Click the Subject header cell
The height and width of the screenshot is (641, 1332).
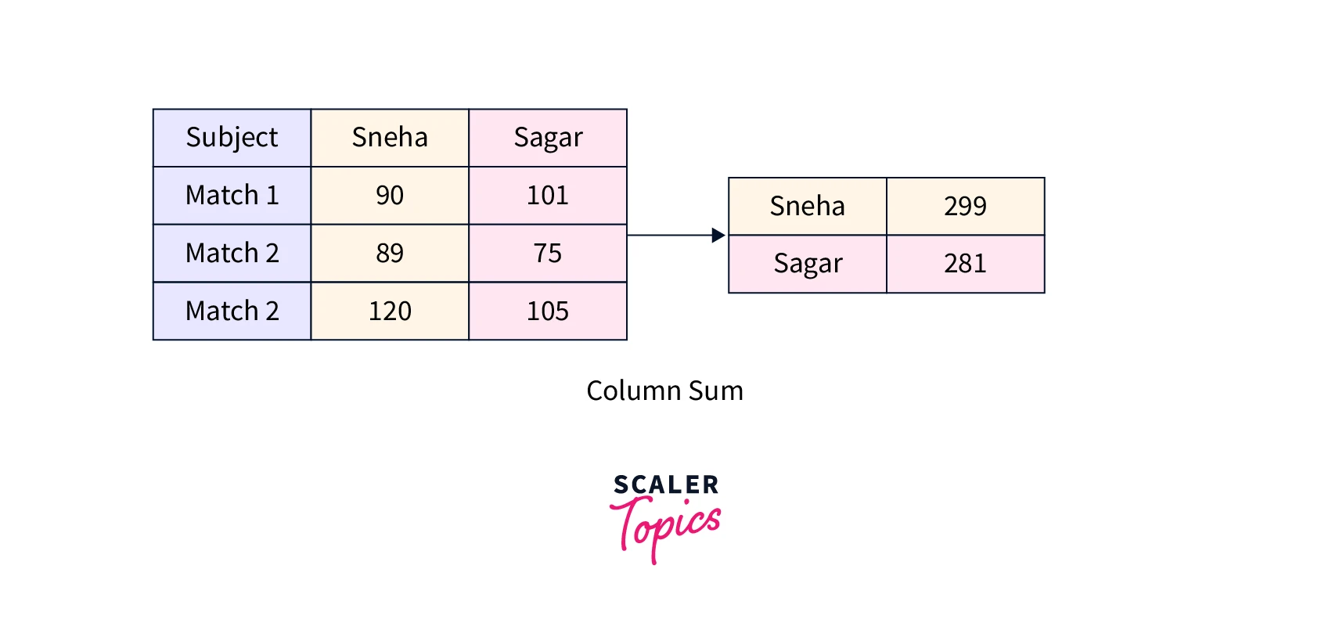232,138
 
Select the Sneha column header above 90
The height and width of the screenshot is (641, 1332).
390,138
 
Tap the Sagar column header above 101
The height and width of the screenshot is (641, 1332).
548,138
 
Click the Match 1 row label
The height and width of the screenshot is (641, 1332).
232,195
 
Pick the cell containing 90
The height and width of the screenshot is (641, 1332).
390,195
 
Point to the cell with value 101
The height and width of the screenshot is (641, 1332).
548,195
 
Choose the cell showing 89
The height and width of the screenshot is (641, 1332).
390,253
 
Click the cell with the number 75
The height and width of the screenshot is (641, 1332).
548,253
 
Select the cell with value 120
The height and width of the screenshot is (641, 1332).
390,311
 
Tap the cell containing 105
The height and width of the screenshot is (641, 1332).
548,311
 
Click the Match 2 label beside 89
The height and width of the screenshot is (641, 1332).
232,253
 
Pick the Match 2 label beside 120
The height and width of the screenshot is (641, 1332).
232,311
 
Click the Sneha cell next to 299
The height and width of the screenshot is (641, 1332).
808,206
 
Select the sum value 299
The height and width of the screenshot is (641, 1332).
965,206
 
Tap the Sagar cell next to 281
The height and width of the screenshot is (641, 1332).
808,264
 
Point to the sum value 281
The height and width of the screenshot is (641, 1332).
965,264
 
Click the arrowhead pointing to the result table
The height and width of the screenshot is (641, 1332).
718,235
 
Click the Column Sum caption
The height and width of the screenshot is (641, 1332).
665,391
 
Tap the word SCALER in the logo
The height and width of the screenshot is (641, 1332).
666,484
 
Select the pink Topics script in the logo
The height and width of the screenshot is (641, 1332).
666,526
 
